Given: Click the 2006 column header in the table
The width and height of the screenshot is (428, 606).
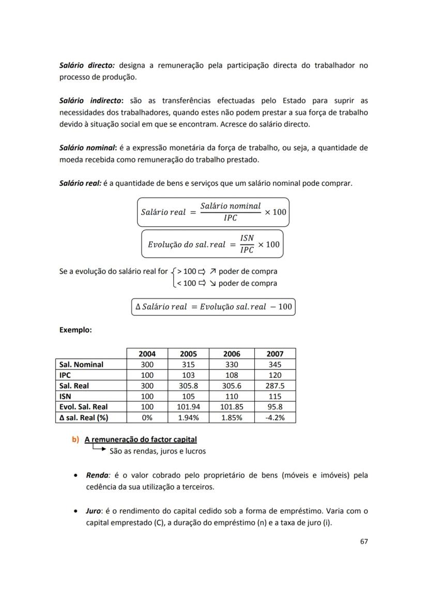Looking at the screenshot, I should pos(231,354).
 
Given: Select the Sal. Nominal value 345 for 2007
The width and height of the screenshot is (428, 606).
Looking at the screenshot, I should pos(274,364).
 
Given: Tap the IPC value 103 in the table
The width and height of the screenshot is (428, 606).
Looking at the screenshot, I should pos(188,375).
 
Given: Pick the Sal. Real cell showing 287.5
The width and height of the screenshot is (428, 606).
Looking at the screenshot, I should pos(274,386).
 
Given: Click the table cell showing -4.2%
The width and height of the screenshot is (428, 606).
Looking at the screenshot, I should pos(274,418).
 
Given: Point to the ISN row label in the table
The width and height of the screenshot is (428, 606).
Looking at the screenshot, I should pos(67,396).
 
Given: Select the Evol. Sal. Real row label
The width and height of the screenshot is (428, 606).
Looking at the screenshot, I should pos(83,407).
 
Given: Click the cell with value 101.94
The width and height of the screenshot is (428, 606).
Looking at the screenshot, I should pos(188,407).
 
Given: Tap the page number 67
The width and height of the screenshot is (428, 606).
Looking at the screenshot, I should pos(363,541).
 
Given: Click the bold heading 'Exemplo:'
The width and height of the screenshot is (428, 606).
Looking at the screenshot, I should pos(75,330).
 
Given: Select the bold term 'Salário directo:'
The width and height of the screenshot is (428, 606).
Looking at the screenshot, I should pos(87,65).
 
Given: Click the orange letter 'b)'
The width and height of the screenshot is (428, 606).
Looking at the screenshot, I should pos(75,439).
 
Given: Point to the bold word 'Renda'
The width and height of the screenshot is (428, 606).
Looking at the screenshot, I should pos(97,475).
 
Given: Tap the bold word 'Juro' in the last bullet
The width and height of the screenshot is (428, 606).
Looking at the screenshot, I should pos(94,511).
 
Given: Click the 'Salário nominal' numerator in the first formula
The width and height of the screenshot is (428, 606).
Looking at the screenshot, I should pos(231,206).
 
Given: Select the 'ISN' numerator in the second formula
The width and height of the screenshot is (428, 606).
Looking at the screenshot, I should pos(248,238).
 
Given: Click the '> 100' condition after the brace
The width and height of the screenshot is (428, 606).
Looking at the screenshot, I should pos(186,271).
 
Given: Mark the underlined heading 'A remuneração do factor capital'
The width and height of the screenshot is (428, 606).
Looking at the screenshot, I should pos(141,439).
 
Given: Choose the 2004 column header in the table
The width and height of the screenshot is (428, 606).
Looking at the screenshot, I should pos(147,354).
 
